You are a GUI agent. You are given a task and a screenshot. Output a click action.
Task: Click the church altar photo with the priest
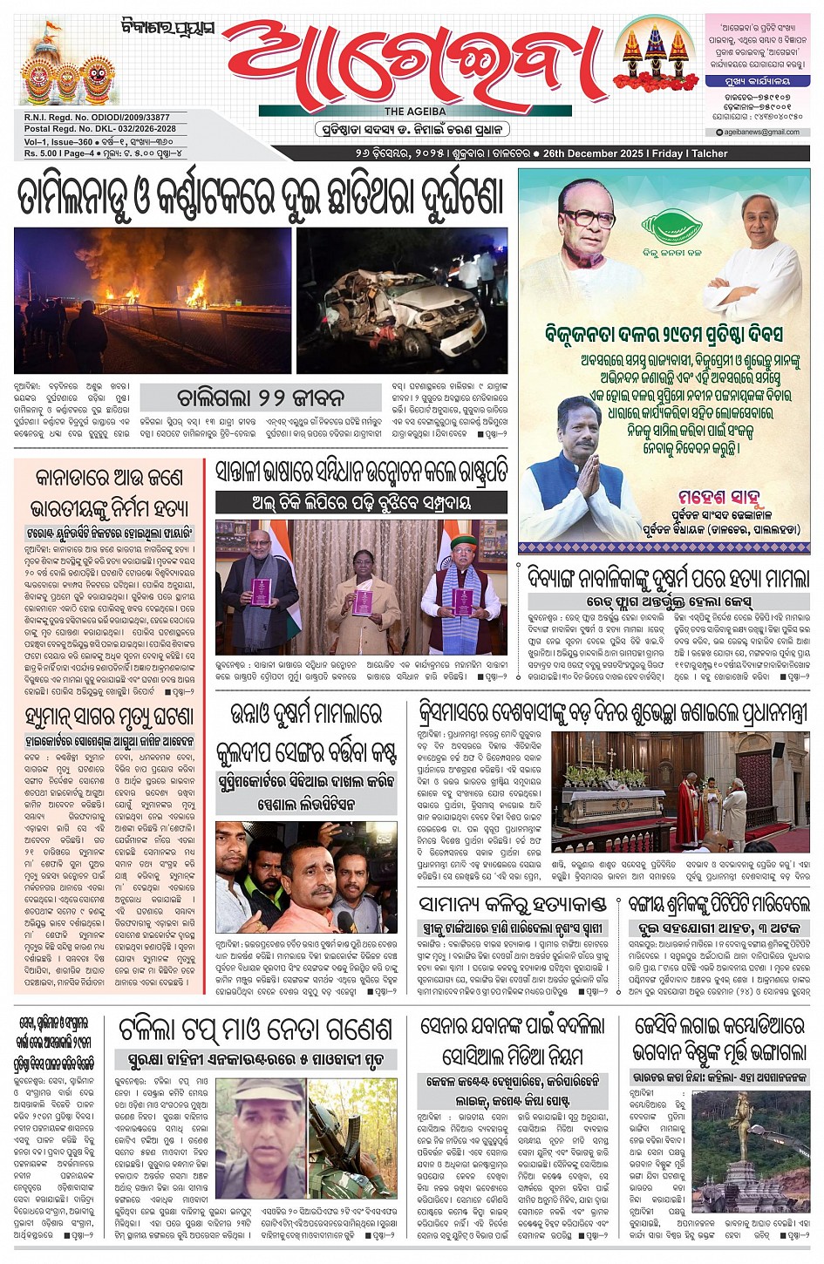click(x=680, y=792)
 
